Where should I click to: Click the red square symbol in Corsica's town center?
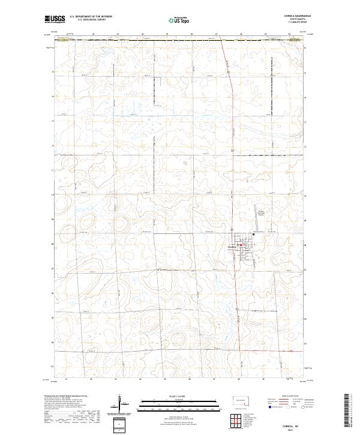coord(241,245)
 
